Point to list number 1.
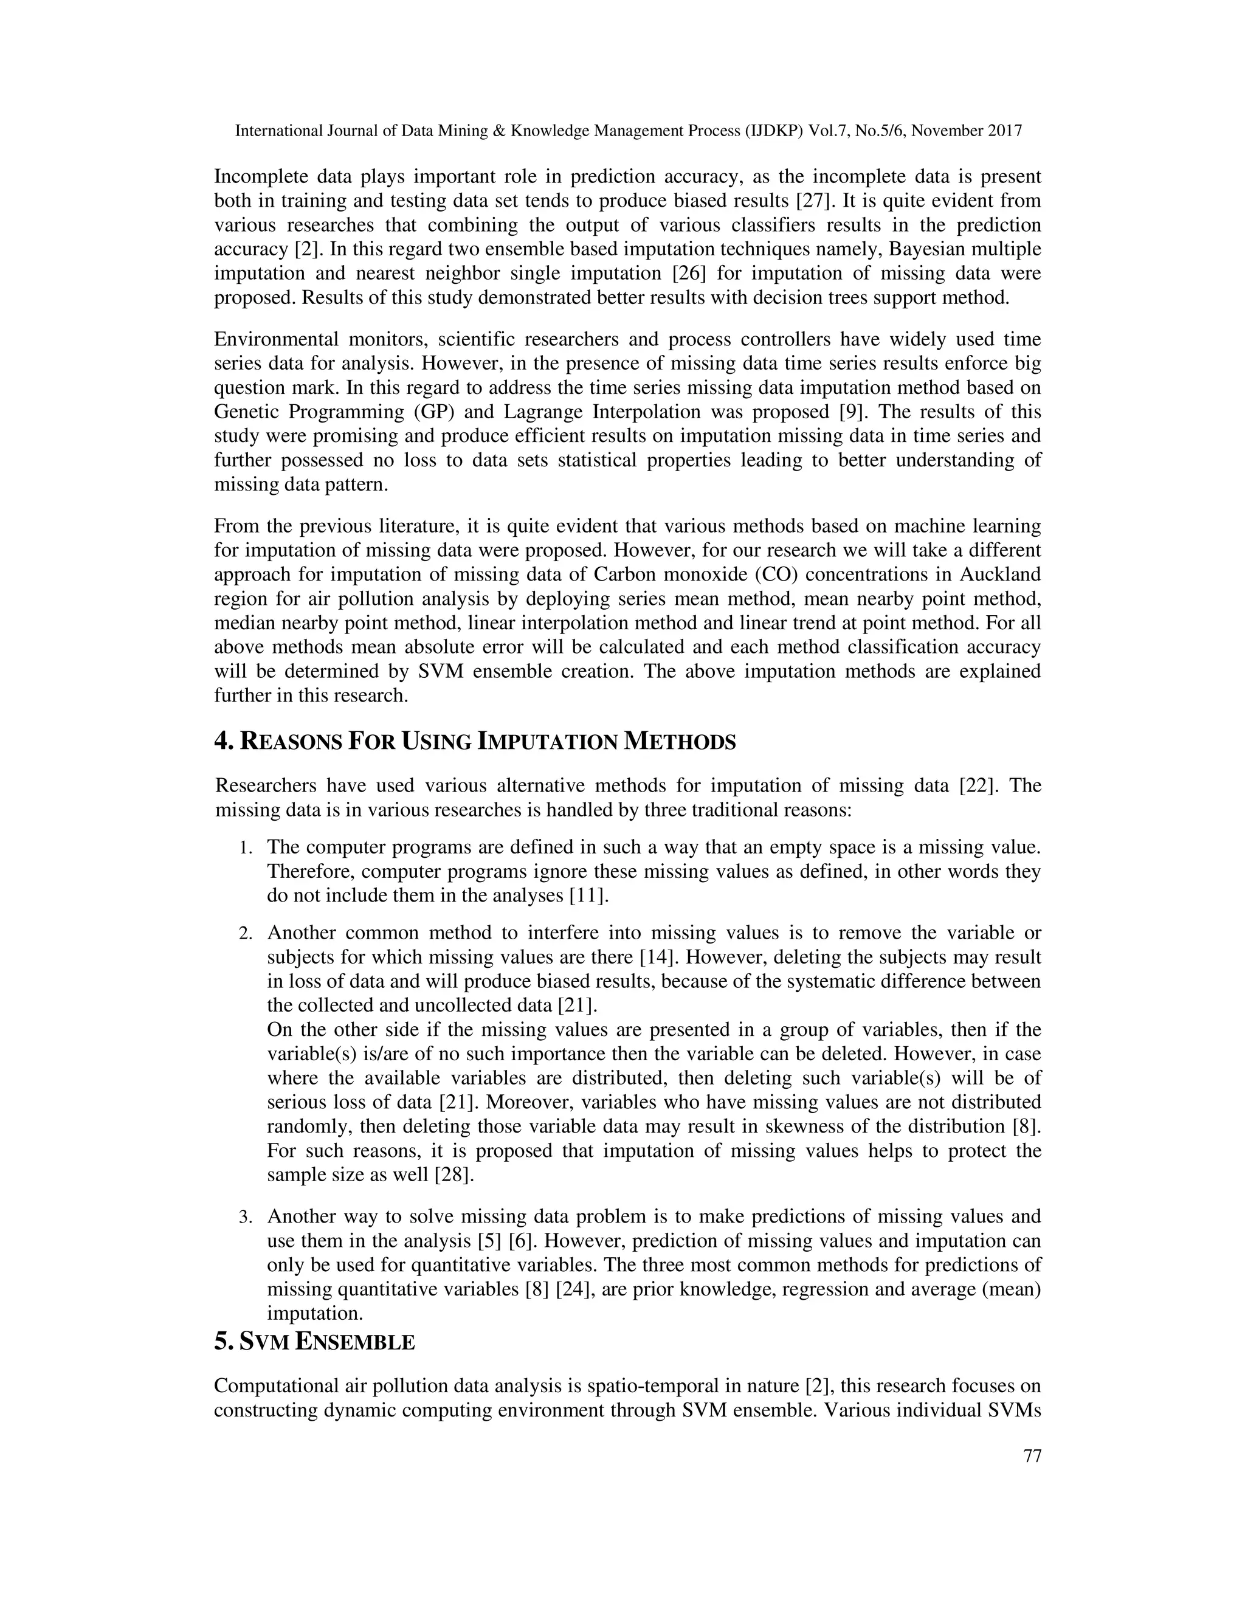[245, 848]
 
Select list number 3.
[245, 1217]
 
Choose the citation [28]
[454, 1175]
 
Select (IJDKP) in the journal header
[775, 131]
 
